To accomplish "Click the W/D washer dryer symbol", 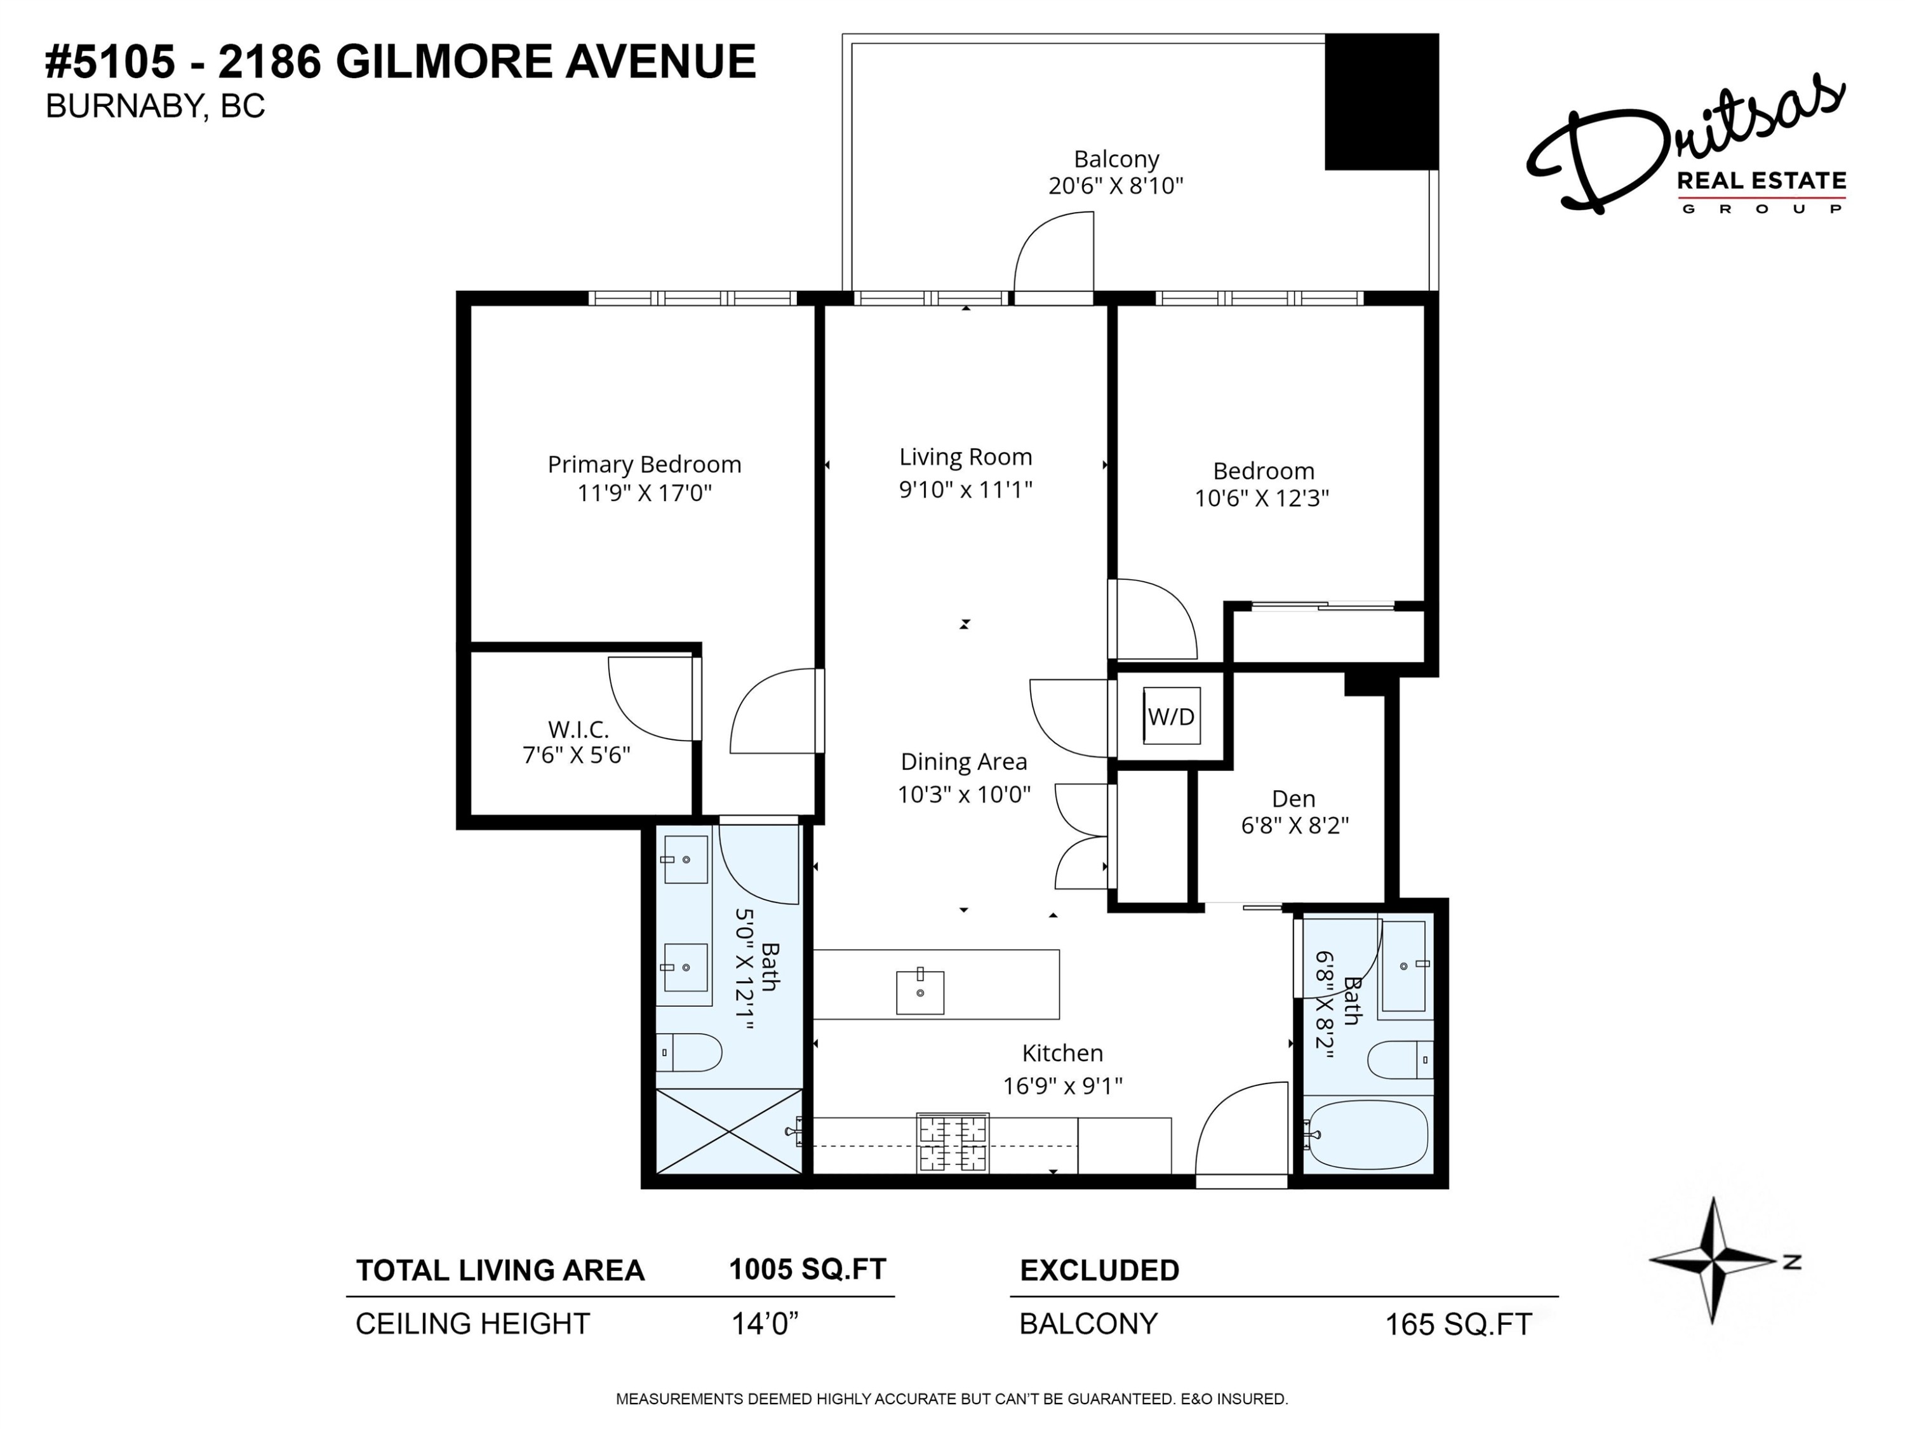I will [1171, 716].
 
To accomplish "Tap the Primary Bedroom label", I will [644, 464].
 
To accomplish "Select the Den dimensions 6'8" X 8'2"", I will [1293, 825].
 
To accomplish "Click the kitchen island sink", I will [919, 992].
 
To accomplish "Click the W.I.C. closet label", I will [578, 730].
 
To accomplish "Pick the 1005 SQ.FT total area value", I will [807, 1269].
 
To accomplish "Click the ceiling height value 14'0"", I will [764, 1323].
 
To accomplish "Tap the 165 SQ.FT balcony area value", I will [1457, 1324].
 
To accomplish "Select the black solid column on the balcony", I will [1380, 102].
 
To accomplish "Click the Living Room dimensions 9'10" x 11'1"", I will [965, 489].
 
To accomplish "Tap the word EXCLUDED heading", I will [1099, 1270].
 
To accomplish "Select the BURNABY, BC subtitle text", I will [155, 106].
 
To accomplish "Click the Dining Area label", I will [964, 761].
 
